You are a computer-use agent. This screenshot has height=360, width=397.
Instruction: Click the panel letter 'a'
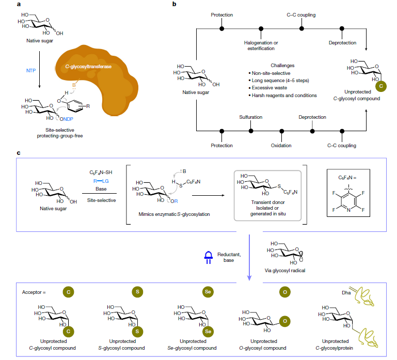pos(19,4)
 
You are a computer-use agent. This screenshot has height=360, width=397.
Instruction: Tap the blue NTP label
pos(31,70)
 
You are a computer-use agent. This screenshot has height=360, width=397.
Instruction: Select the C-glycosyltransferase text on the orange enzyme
pos(88,67)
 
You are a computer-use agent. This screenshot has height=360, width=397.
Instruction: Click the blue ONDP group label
pos(66,119)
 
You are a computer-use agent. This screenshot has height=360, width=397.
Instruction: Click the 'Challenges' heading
pos(282,66)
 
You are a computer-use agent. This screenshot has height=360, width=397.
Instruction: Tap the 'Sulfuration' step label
pos(251,117)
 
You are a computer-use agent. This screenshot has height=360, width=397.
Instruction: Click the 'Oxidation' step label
pos(281,146)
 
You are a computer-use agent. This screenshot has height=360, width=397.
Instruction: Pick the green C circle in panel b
pos(381,86)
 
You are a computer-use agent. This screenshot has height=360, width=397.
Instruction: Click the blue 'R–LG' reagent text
pos(101,181)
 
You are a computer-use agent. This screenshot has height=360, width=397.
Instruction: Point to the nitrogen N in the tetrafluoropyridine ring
pos(348,210)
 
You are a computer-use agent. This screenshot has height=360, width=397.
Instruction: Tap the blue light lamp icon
pos(209,257)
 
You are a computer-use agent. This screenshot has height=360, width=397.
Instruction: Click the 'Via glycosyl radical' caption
pos(285,271)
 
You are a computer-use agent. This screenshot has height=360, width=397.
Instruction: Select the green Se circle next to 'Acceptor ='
pos(208,292)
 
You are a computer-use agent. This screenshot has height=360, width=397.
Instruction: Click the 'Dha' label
pos(346,293)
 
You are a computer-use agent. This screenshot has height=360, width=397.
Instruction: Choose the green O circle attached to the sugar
pos(285,321)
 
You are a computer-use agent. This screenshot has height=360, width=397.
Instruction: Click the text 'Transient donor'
pos(268,202)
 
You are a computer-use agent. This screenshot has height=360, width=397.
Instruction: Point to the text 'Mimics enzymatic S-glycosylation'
pos(174,214)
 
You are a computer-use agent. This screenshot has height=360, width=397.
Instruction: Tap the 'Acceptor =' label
pos(34,292)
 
